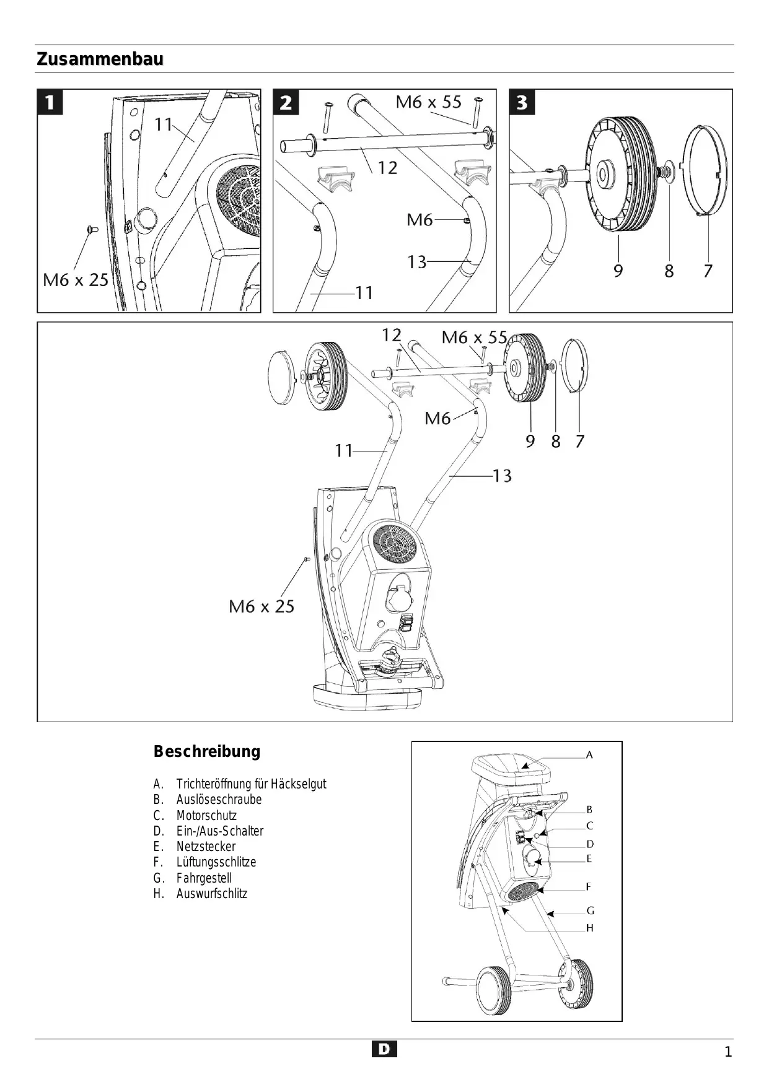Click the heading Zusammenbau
(100, 59)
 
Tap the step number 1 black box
(50, 102)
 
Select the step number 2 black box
(286, 102)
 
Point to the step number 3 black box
(522, 102)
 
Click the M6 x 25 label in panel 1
(76, 280)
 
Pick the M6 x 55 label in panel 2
(429, 102)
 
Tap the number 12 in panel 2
(387, 168)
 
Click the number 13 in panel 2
(416, 263)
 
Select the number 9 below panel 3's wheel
(618, 271)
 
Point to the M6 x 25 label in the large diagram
(261, 606)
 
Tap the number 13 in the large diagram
(502, 476)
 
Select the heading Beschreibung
(207, 751)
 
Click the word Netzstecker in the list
(206, 846)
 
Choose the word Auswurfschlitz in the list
(211, 893)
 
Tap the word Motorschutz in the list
(206, 815)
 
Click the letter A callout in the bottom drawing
(589, 755)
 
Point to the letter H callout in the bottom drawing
(590, 928)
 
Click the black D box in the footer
(384, 1049)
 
